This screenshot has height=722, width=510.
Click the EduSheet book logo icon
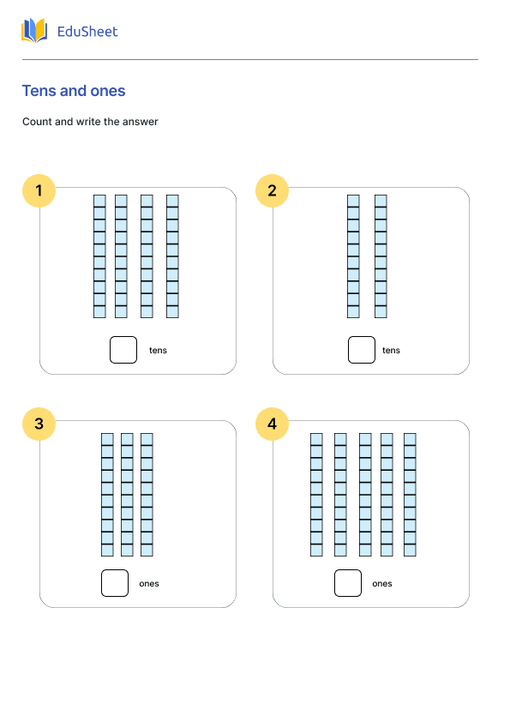pyautogui.click(x=34, y=30)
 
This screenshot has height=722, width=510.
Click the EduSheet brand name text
pyautogui.click(x=87, y=32)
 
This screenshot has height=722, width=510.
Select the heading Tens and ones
pyautogui.click(x=74, y=91)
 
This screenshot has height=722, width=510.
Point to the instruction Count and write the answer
pyautogui.click(x=90, y=122)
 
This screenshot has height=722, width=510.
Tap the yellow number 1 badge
pyautogui.click(x=39, y=190)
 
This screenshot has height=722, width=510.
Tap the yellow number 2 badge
pyautogui.click(x=272, y=190)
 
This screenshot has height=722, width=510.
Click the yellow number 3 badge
pyautogui.click(x=39, y=424)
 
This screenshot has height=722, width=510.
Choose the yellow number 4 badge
pyautogui.click(x=272, y=424)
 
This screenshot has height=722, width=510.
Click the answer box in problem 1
pyautogui.click(x=123, y=350)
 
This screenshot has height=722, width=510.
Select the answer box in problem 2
pyautogui.click(x=362, y=350)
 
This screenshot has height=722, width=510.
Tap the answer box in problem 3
pyautogui.click(x=115, y=583)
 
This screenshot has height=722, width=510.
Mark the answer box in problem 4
pyautogui.click(x=348, y=583)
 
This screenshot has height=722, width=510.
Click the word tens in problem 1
pyautogui.click(x=158, y=351)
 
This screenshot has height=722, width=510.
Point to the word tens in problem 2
pyautogui.click(x=391, y=351)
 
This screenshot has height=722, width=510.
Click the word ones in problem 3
pyautogui.click(x=149, y=583)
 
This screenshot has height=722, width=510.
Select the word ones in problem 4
pyautogui.click(x=382, y=583)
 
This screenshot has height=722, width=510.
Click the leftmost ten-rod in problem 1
pyautogui.click(x=99, y=256)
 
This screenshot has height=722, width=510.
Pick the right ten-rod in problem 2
pyautogui.click(x=381, y=256)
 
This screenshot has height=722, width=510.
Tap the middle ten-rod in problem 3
pyautogui.click(x=127, y=495)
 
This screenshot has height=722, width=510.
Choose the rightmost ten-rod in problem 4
pyautogui.click(x=410, y=495)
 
